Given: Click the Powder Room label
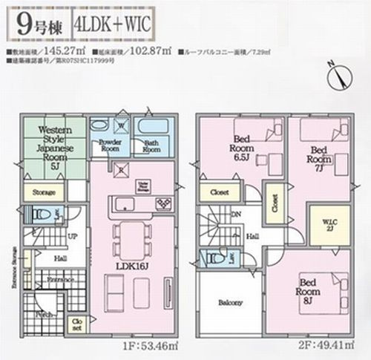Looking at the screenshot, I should (x=105, y=145).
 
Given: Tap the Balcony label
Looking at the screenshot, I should (x=229, y=304).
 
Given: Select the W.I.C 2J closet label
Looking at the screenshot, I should (x=321, y=224).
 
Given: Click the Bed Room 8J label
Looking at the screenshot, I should (x=309, y=288).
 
